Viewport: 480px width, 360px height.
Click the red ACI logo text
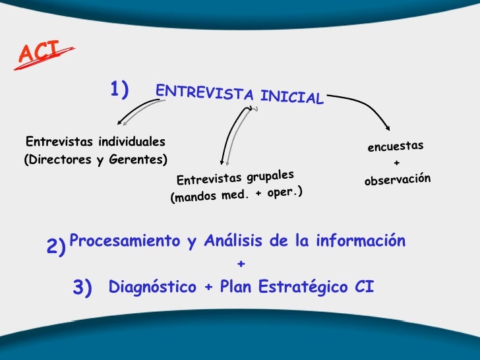click(x=38, y=52)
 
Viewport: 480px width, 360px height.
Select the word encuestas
click(x=396, y=146)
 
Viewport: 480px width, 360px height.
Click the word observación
click(x=397, y=179)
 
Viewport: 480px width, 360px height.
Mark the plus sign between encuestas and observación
click(x=396, y=163)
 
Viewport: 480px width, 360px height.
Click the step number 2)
click(x=57, y=247)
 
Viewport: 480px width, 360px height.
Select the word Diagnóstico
click(x=152, y=287)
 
